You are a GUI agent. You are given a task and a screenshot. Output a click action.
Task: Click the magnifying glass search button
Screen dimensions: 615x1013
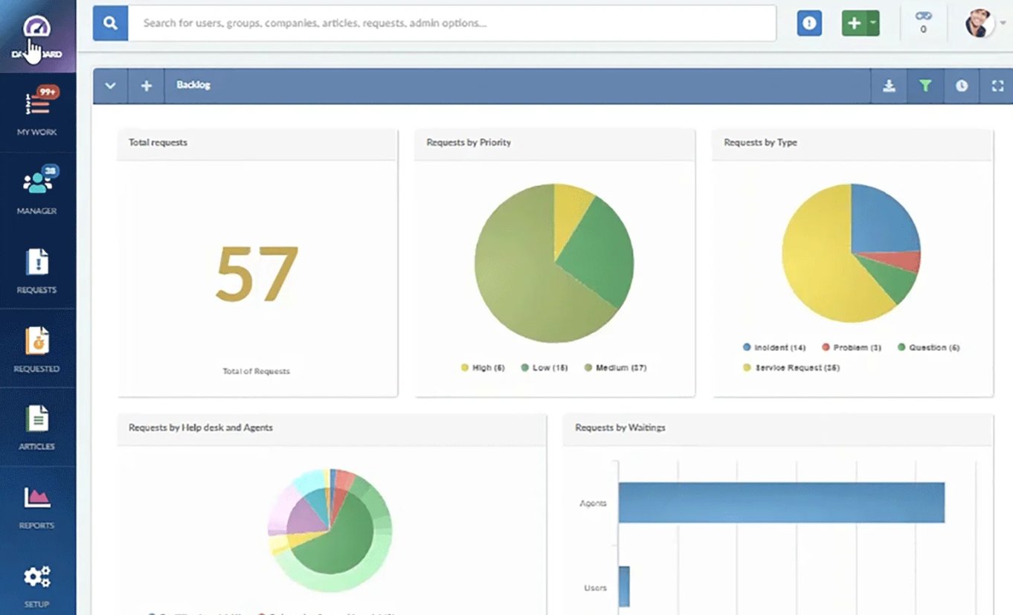[x=111, y=23]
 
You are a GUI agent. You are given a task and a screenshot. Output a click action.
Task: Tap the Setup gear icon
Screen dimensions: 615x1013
[x=36, y=578]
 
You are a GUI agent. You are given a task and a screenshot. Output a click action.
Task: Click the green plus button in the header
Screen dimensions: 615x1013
[x=854, y=23]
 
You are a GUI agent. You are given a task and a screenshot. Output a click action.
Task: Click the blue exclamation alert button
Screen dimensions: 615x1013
[x=809, y=23]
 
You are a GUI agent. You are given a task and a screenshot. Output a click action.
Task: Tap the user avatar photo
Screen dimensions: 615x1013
[x=980, y=23]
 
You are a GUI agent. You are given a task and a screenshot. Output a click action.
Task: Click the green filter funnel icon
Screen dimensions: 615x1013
[x=925, y=86]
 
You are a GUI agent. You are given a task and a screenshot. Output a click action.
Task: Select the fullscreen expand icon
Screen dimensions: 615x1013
[x=997, y=86]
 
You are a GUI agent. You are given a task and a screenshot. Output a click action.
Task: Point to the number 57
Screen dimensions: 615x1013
[x=257, y=273]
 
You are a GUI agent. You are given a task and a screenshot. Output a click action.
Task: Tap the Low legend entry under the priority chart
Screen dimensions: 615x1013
[x=544, y=368]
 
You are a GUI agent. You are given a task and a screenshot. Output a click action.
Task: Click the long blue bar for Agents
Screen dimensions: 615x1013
[x=781, y=503]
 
